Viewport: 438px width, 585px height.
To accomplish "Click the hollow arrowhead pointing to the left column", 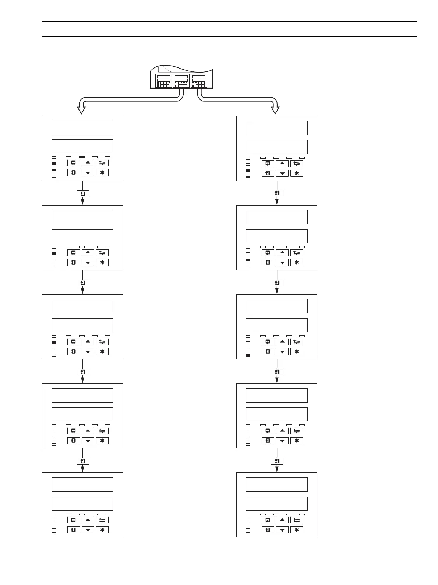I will tap(81, 110).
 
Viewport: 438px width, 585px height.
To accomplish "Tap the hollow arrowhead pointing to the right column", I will tap(275, 110).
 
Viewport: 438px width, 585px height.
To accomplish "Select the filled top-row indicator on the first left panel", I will tap(82, 157).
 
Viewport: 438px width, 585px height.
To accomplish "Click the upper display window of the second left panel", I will tap(82, 217).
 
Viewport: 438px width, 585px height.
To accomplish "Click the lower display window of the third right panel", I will tap(276, 325).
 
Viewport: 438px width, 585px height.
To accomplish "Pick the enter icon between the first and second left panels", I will tap(83, 194).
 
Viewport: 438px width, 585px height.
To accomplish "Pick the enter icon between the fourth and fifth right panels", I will tap(277, 461).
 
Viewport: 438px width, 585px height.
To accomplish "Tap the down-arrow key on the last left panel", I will tap(88, 530).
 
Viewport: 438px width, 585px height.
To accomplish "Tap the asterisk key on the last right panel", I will tap(296, 530).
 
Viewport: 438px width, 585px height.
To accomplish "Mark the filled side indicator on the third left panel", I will tap(54, 343).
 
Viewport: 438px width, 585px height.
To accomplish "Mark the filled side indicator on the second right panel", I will tap(248, 260).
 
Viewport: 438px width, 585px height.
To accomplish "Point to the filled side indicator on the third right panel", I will tap(248, 355).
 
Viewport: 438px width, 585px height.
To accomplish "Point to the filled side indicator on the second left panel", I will tap(54, 253).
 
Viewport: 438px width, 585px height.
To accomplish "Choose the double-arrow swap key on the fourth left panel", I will tap(102, 431).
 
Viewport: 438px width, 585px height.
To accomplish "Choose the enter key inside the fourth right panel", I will tap(268, 441).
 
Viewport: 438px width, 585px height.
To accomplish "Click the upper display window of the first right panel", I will tap(276, 128).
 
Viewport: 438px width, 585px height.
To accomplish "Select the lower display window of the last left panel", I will tap(82, 504).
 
